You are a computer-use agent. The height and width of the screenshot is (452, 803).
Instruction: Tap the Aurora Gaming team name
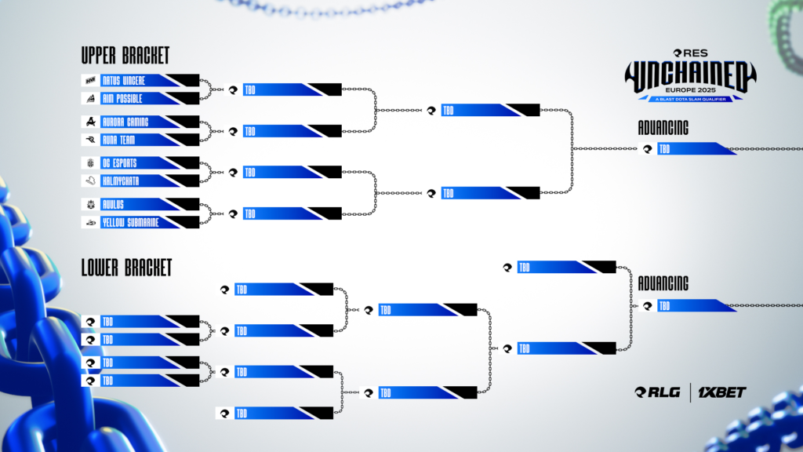(125, 122)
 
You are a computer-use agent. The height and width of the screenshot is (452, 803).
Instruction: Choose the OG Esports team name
(121, 162)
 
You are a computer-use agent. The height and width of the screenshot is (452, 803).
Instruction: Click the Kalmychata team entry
(122, 180)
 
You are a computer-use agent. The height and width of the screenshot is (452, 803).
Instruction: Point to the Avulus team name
(113, 204)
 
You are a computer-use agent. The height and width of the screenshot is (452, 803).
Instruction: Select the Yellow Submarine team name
(130, 222)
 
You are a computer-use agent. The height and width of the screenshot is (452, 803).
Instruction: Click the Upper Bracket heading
(125, 56)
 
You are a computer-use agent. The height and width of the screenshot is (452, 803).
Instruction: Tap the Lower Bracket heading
(126, 268)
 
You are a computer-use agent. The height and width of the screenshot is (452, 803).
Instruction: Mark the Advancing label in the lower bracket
(663, 283)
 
